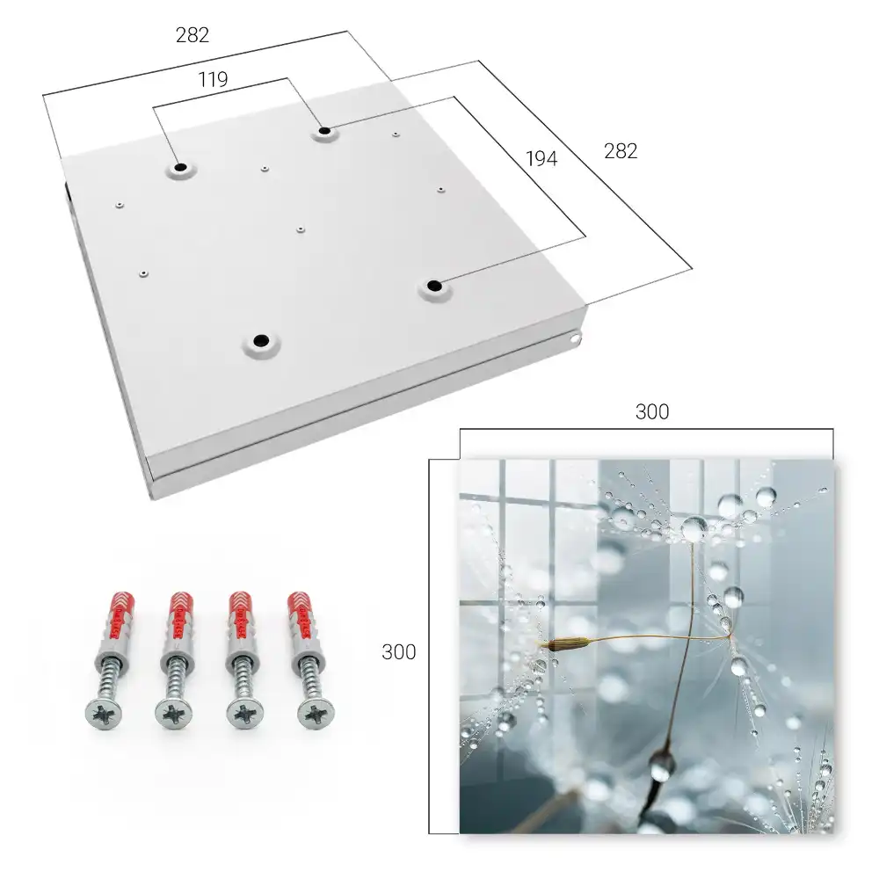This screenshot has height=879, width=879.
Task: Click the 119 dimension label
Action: coord(213,80)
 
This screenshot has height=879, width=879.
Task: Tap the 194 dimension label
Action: coord(541,159)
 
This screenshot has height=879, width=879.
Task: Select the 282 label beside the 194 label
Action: coord(621,151)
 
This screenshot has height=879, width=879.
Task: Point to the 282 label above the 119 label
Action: coord(193,35)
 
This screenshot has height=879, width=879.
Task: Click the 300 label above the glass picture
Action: coord(652,412)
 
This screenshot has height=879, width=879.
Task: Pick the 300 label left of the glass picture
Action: coord(398,652)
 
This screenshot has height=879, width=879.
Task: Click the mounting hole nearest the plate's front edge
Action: coord(261,340)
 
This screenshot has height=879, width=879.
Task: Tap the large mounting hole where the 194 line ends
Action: coord(433,286)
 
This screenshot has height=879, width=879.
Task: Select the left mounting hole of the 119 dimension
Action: coord(180,167)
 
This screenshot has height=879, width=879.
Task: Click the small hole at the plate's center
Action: coord(301,229)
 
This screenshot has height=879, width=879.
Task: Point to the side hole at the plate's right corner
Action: coord(576,338)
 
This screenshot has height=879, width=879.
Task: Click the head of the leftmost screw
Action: coord(103,714)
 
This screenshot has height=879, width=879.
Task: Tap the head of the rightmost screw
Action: coord(316,714)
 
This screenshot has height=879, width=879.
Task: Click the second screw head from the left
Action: coord(174,714)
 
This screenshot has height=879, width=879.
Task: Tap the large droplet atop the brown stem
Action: coord(694,529)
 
